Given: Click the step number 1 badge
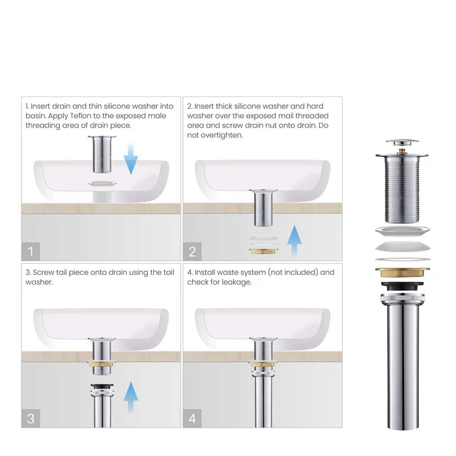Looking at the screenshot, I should (31, 251).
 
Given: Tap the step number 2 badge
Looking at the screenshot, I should (192, 251).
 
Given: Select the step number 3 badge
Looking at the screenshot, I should (31, 418).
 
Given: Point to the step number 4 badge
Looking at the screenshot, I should (192, 418).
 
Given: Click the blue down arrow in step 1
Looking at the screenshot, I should (131, 160).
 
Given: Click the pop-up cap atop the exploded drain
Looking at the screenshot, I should (402, 143).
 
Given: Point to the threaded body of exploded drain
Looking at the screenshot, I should (402, 189).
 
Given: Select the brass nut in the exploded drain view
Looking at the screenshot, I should (402, 272).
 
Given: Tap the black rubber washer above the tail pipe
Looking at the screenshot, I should (402, 287).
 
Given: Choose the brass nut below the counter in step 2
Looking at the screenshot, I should (263, 250).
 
